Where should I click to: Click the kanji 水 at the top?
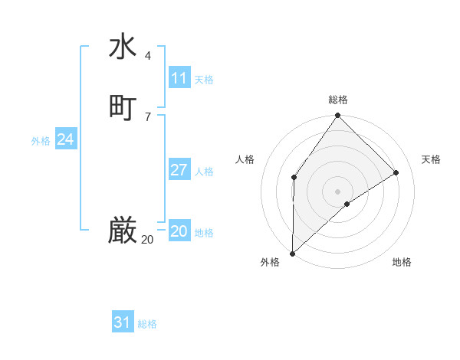tap(123, 47)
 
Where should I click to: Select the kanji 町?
tap(123, 108)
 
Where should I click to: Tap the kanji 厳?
tap(123, 231)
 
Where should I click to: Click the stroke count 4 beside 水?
tap(148, 56)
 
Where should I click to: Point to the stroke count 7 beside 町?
tap(148, 116)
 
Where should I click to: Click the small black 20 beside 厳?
tap(147, 240)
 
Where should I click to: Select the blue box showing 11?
tap(179, 78)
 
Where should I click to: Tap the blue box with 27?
tap(179, 170)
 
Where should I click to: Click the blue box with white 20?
tap(179, 231)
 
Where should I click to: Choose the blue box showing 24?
tap(66, 139)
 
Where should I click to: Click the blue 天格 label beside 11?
tap(204, 80)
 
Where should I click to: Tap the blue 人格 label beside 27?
tap(204, 172)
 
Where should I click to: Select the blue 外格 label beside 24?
tap(41, 141)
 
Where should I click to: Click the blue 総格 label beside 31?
tap(147, 324)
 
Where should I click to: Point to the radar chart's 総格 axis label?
tap(338, 100)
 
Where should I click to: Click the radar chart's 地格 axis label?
tap(402, 262)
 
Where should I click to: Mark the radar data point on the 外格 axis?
tap(292, 254)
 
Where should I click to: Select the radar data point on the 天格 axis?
tap(396, 172)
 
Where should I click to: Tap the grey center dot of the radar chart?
tap(338, 191)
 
